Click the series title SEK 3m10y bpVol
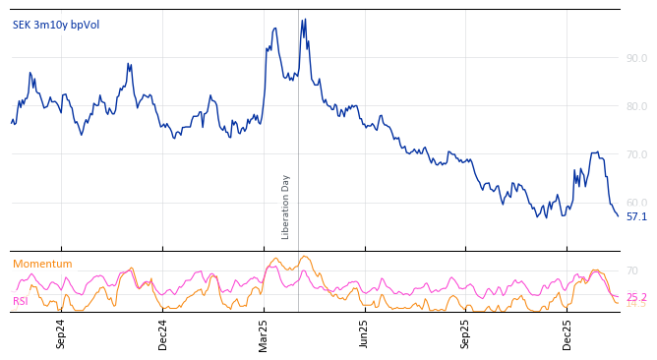[x=56, y=25]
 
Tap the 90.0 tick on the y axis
[x=636, y=58]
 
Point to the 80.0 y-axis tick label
[x=636, y=106]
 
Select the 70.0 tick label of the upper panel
[x=636, y=154]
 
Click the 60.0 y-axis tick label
[x=636, y=203]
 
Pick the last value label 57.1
[x=636, y=216]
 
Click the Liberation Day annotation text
[x=286, y=207]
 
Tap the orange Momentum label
[x=42, y=264]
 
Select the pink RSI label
[x=21, y=301]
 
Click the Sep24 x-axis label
[x=61, y=333]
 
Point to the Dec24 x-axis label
[x=163, y=333]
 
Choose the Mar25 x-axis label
[x=264, y=333]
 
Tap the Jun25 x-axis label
[x=365, y=333]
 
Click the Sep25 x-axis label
[x=466, y=333]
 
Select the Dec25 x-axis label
[x=567, y=333]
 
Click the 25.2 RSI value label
[x=636, y=297]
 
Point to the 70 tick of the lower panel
[x=632, y=270]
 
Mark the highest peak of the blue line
[x=305, y=19]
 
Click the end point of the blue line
[x=618, y=215]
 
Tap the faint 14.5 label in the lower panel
[x=636, y=304]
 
